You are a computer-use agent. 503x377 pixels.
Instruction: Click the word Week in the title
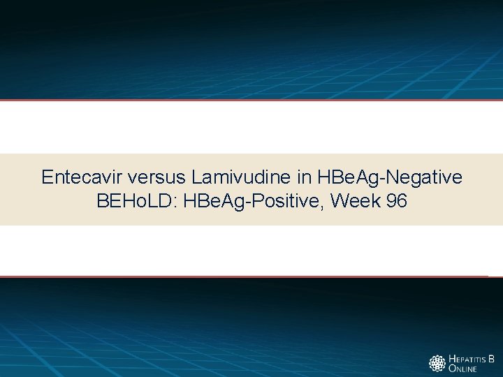point(356,202)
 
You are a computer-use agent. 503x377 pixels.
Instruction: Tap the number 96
point(395,202)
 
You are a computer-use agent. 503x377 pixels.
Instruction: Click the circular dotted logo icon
point(437,364)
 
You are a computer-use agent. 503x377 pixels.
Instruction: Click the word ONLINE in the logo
point(462,369)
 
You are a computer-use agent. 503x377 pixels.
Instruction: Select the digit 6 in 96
point(401,202)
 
